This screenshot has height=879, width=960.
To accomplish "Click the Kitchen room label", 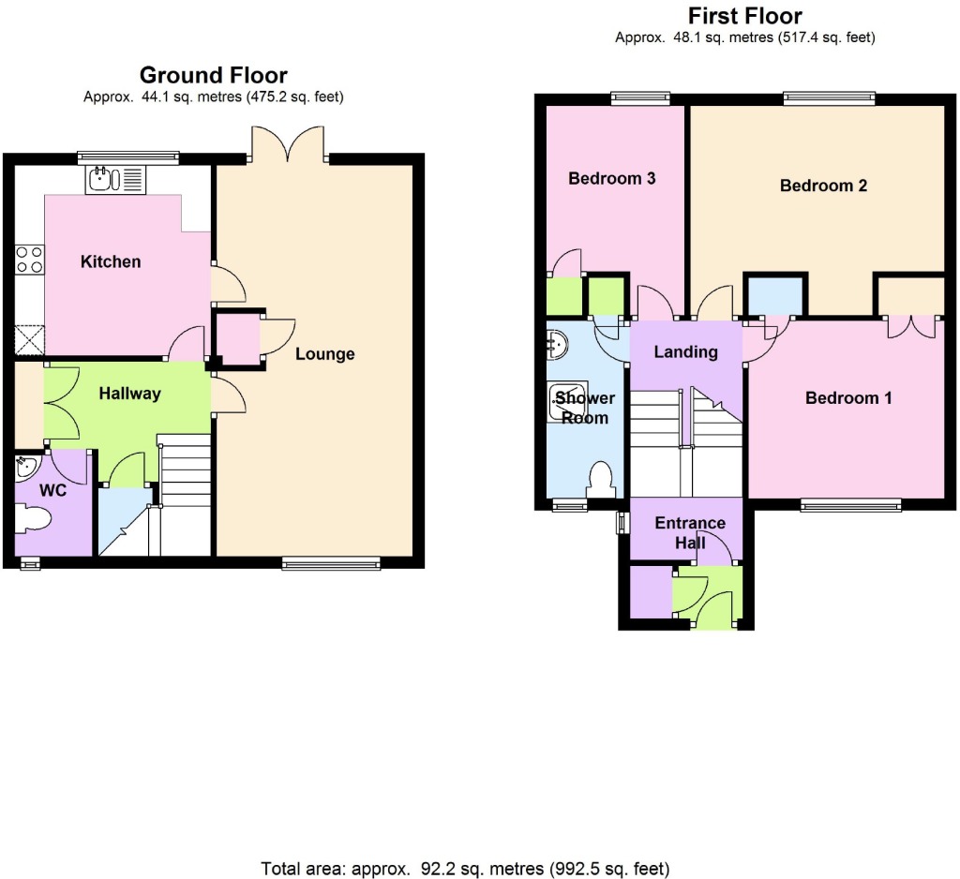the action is click(x=111, y=262).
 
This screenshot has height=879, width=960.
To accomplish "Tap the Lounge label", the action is click(x=325, y=354).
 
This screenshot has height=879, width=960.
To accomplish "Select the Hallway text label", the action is click(x=129, y=394).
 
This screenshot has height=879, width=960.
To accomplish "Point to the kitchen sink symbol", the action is click(x=115, y=179).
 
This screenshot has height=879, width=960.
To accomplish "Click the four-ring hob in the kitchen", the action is click(x=29, y=259).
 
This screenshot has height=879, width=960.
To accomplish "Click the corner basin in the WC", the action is click(x=27, y=467).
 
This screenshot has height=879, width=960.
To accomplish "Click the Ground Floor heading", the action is click(x=213, y=75).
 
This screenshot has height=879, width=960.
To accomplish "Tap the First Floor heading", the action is click(x=745, y=16).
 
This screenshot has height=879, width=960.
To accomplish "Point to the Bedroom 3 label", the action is click(x=611, y=179).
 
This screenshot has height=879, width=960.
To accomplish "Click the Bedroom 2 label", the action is click(x=823, y=186).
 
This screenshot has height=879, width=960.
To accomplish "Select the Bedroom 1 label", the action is click(x=847, y=398).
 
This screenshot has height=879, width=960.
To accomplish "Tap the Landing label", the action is click(x=685, y=352).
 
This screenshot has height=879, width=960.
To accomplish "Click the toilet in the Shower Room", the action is click(x=601, y=480).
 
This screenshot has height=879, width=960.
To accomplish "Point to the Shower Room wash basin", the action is click(x=557, y=345).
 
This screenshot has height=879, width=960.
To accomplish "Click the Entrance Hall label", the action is click(x=690, y=532).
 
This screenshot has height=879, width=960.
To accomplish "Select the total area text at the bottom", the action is click(x=465, y=869).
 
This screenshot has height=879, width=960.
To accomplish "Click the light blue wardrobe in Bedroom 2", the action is click(x=775, y=295).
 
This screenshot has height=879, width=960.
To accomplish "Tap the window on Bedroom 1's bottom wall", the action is click(x=850, y=504).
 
